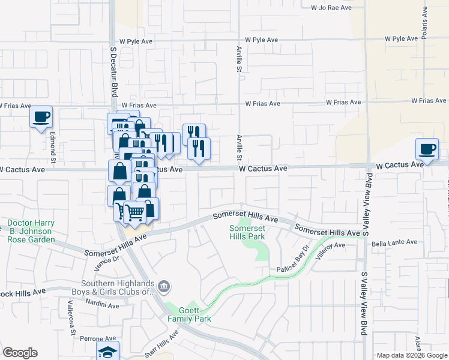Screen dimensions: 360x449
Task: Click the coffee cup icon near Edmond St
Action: tap(41, 116)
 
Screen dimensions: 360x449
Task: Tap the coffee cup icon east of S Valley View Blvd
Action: tap(427, 148)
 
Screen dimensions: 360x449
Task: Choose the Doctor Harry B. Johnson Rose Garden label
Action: tap(31, 231)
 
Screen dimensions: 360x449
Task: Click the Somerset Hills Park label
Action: tap(247, 232)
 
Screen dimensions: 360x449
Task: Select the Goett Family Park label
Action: tap(189, 314)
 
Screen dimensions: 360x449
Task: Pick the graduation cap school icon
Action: tap(107, 352)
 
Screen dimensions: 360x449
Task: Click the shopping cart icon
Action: tap(134, 212)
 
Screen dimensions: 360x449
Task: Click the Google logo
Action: tap(20, 352)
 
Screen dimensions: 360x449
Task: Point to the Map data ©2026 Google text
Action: tap(411, 355)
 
